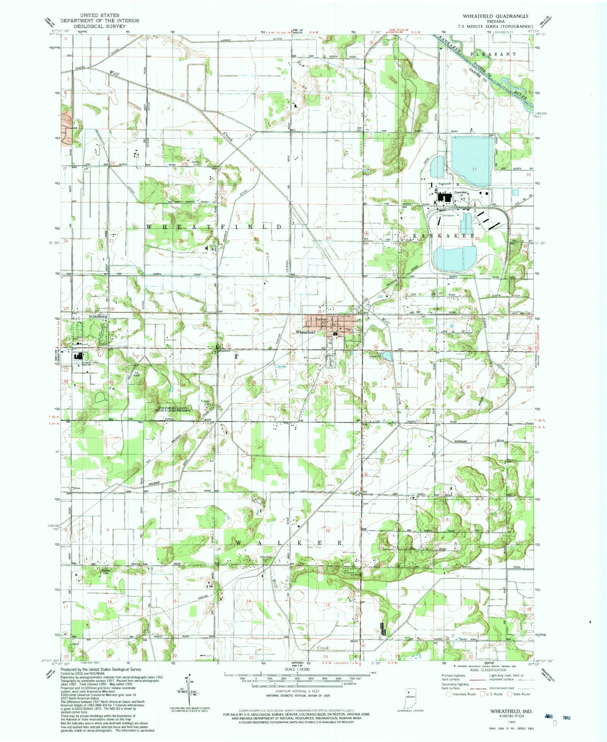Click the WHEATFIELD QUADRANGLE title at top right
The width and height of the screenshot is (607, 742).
(x=495, y=16)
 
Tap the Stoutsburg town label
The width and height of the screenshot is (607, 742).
(x=98, y=316)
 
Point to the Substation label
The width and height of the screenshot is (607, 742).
(x=444, y=184)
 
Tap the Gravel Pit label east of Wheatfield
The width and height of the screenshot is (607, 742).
(x=375, y=356)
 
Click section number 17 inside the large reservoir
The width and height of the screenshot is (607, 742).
(x=474, y=169)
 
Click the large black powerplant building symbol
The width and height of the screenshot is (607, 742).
(x=443, y=197)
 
